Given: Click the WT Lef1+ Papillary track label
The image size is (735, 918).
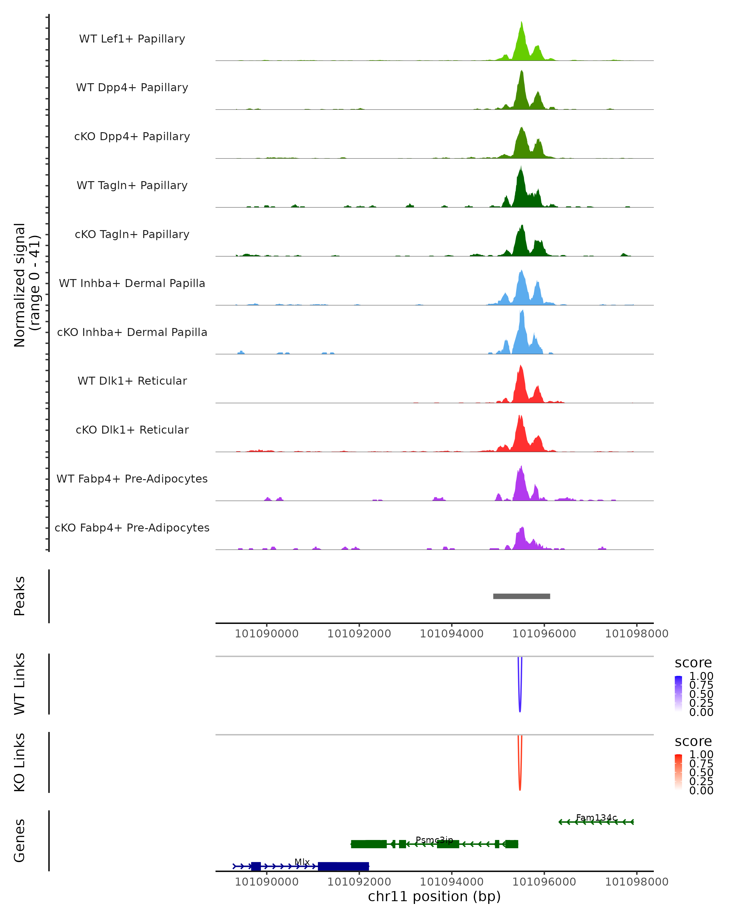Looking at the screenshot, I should pos(132,39).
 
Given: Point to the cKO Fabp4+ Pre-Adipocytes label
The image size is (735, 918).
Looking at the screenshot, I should pos(132,528).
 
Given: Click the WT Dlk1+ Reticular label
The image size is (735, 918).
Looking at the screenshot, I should pos(132,381).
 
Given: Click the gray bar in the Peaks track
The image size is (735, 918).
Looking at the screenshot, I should pos(522,596).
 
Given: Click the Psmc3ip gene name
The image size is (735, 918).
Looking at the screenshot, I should pos(434,840).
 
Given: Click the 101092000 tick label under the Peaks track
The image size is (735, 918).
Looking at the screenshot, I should pos(359,634).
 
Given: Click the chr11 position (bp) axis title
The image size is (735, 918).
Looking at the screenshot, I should pos(434,896).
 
